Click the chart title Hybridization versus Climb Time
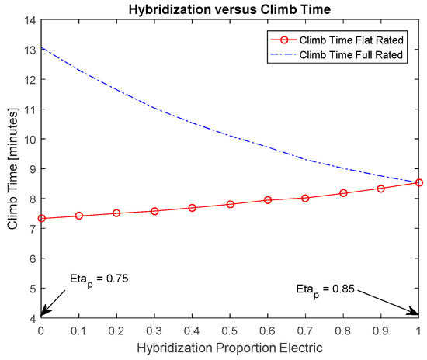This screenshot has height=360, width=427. tap(230, 9)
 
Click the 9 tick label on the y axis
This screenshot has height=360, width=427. tap(33, 169)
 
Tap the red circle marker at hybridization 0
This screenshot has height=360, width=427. tap(41, 219)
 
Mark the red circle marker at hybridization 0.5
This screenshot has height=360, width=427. tap(231, 204)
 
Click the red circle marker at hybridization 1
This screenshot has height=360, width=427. tap(419, 182)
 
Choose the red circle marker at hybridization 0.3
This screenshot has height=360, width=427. tap(154, 211)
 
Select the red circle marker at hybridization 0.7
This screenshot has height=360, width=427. tap(306, 198)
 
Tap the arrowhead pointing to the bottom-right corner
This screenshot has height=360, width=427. tap(415, 314)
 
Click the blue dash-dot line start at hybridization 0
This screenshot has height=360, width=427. tap(41, 47)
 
